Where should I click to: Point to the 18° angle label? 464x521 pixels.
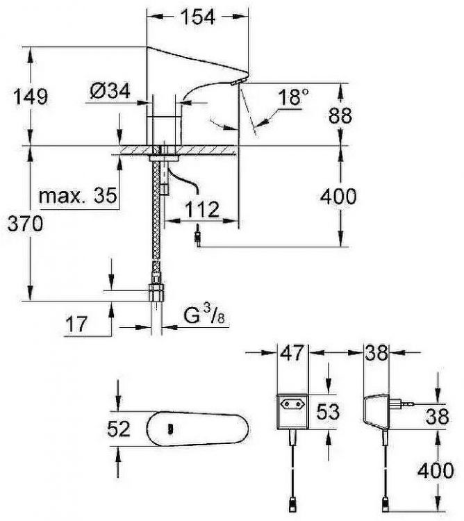[x=292, y=97]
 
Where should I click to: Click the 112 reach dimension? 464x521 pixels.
[x=203, y=208]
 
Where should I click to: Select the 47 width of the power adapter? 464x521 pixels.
[x=292, y=354]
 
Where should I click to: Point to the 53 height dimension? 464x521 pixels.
[x=326, y=411]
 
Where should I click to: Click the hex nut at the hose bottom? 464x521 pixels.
[x=156, y=291]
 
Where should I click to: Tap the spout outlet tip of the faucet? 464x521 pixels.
[x=238, y=81]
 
